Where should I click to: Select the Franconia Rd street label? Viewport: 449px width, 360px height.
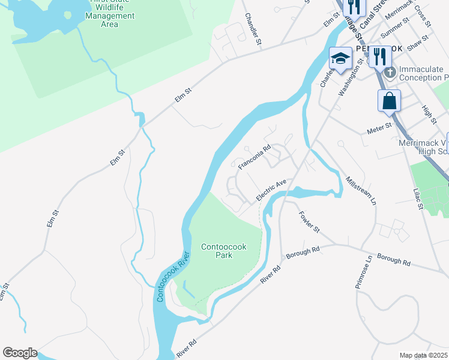(x=255, y=156)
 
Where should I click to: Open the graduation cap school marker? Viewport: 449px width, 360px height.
(x=340, y=58)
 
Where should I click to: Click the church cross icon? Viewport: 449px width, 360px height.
(x=390, y=73)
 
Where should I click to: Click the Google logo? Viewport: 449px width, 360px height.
(x=20, y=353)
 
